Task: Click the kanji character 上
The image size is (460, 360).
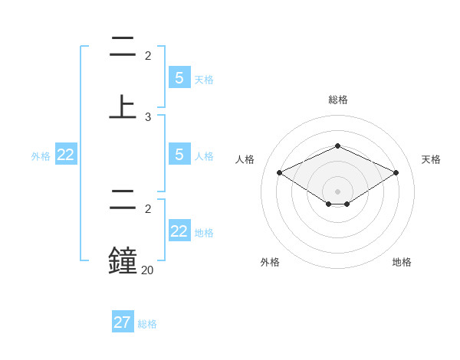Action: (123, 106)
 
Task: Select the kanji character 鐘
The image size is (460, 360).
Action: (123, 260)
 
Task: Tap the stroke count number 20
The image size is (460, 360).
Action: (147, 270)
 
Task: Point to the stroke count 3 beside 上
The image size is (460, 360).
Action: (148, 117)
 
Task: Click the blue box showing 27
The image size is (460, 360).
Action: (123, 322)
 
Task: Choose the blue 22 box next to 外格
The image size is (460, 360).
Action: (66, 155)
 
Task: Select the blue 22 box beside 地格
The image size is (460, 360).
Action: (179, 231)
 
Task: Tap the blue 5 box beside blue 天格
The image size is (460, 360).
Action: (179, 77)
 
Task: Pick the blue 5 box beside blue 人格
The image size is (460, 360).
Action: (179, 155)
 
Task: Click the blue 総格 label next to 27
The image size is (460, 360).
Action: (147, 324)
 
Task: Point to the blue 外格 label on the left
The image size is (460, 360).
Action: (41, 156)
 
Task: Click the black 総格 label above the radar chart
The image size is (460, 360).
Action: (337, 100)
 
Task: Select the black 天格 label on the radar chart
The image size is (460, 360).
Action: (431, 159)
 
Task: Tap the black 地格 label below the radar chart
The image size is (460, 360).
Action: (402, 262)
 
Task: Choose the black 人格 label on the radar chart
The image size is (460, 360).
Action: (245, 159)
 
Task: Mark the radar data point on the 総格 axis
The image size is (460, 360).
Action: (337, 146)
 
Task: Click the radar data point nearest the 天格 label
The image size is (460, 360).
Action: (396, 172)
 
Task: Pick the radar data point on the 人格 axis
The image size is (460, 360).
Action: (280, 172)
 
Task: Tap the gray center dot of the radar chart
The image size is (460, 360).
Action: (337, 191)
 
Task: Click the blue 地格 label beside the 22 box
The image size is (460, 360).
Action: (204, 233)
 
